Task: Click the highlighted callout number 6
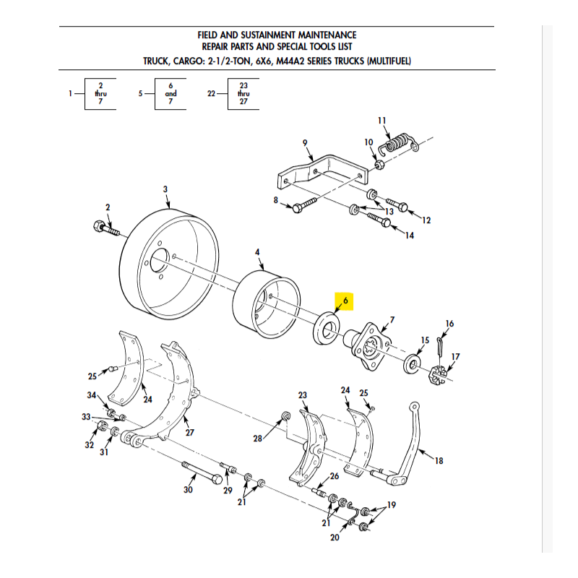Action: coord(345,301)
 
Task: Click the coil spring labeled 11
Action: coord(398,142)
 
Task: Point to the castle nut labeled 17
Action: coord(438,376)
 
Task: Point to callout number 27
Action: coord(190,433)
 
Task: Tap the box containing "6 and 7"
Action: coord(171,94)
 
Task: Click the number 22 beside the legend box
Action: coord(212,94)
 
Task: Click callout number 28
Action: coord(257,439)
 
